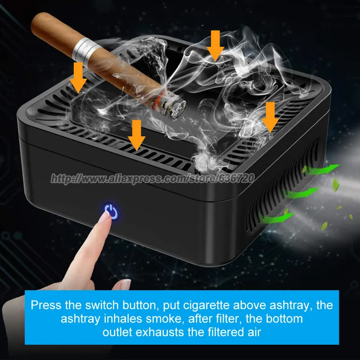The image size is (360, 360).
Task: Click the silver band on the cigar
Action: point(84,49)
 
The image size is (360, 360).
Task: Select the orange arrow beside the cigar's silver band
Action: point(79,76)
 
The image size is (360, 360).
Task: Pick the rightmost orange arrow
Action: point(270,116)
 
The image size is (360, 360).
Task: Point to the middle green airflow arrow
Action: point(301,194)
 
